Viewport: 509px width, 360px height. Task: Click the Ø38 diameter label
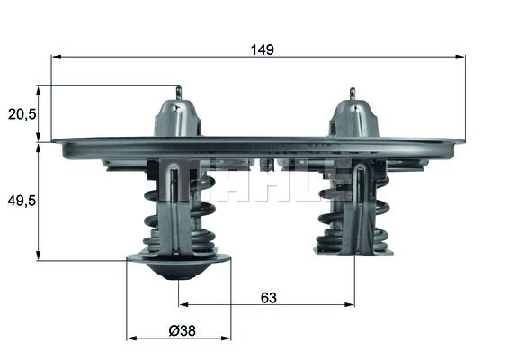point(183,329)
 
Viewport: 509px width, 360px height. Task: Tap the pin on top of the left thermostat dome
point(178,93)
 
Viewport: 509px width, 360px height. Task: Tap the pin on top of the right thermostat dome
point(353,93)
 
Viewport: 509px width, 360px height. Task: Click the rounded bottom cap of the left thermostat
point(178,266)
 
